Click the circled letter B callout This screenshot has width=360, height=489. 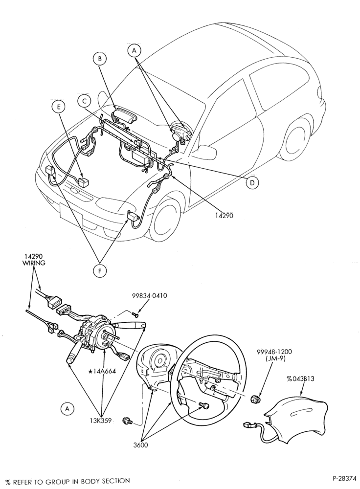pos(100,59)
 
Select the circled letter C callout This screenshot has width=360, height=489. pos(84,101)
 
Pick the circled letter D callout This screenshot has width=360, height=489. pos(252,183)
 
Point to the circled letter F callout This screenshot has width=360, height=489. pos(100,271)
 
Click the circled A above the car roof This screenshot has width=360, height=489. pos(135,50)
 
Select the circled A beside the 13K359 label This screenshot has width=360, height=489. pos(67,408)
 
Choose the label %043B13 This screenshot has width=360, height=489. pos(300,379)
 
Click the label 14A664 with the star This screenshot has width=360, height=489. pos(102,371)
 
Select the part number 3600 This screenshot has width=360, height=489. pos(141,445)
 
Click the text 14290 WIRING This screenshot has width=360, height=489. pos(34,260)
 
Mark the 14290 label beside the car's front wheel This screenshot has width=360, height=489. pos(224,215)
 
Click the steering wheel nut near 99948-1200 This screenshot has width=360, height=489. pos(255,399)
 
